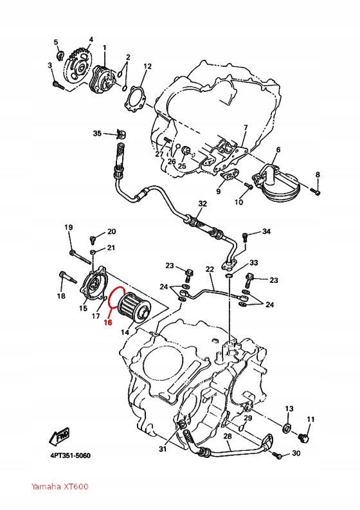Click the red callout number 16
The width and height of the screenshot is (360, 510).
tap(108, 323)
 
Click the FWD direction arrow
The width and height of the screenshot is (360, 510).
tap(60, 438)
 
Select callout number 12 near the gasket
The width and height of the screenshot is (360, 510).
tap(147, 66)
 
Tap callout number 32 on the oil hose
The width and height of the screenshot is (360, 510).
tap(203, 204)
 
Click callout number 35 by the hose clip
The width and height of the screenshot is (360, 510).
tap(97, 134)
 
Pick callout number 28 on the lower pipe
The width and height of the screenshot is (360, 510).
tap(227, 437)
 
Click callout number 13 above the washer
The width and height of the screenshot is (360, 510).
tap(289, 409)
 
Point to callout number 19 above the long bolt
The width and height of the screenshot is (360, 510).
tap(69, 228)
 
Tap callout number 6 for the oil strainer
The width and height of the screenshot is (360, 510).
tap(278, 150)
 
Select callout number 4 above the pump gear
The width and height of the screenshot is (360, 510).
tap(90, 39)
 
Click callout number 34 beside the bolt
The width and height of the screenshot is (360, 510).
tap(266, 232)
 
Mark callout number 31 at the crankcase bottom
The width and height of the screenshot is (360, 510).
tap(163, 449)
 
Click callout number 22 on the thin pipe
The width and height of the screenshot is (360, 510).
tap(210, 269)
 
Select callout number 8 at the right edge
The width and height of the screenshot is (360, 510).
tap(317, 175)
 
